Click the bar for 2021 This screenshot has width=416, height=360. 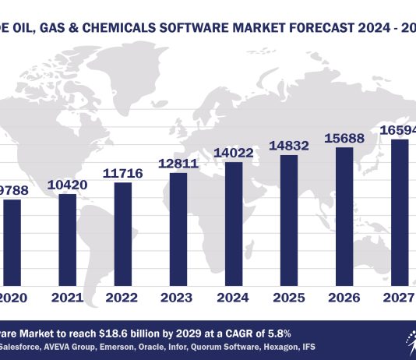pos(68,241)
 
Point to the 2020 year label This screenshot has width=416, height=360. pos(14,298)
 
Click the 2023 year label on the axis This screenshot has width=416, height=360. pos(178,298)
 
